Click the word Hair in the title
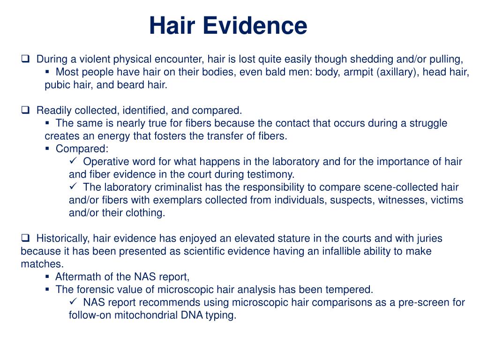click(171, 26)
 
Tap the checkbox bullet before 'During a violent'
click(25, 59)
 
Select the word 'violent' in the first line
click(94, 59)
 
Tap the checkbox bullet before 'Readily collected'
click(25, 111)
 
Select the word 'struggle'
click(429, 123)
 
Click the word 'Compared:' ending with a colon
click(82, 149)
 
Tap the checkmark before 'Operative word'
click(73, 161)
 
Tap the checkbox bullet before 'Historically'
click(25, 238)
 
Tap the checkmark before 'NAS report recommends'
click(73, 302)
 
